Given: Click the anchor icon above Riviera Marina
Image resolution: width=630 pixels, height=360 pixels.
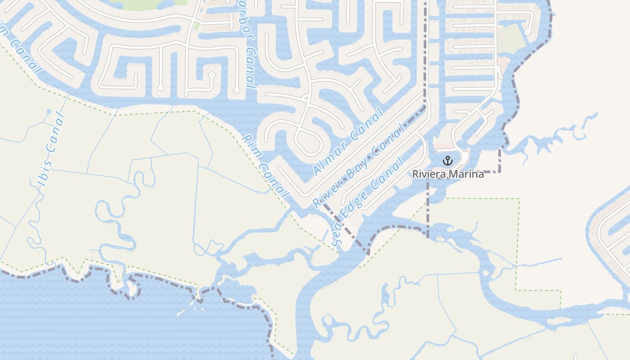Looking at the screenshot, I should tap(447, 160).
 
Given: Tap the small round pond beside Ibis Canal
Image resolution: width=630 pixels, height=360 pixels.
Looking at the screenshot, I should tap(49, 111).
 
